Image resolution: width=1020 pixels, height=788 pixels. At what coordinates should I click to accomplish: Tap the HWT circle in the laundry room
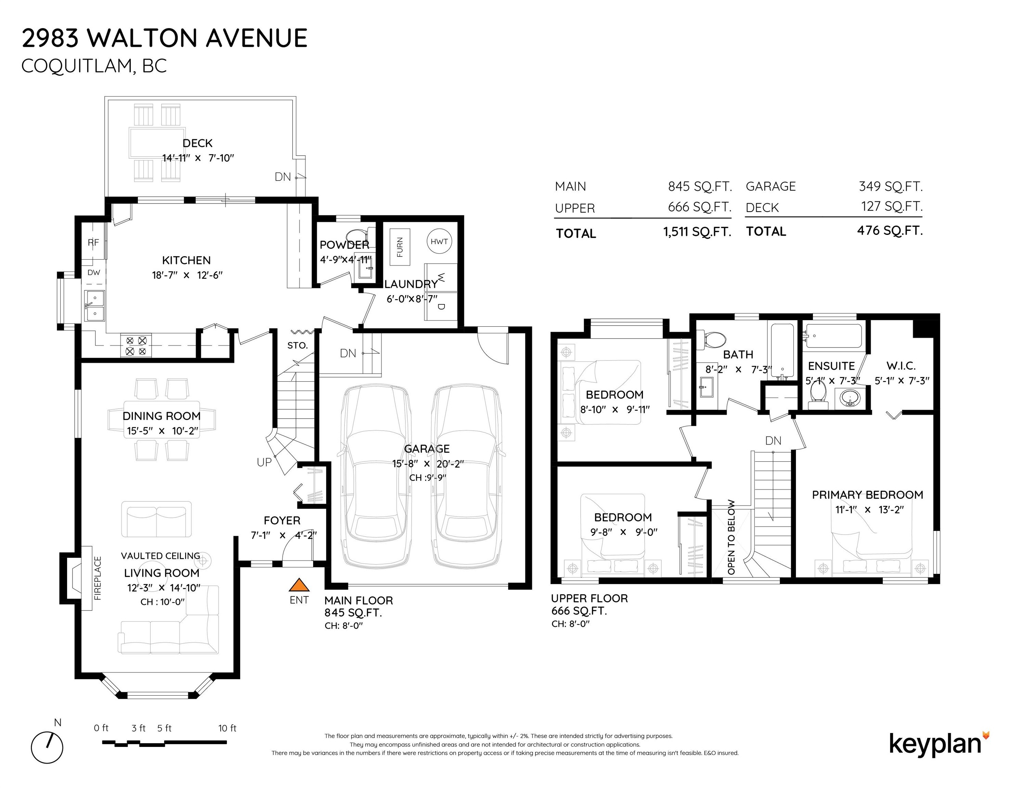tap(439, 241)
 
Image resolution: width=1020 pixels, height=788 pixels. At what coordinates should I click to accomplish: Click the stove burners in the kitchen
tap(136, 346)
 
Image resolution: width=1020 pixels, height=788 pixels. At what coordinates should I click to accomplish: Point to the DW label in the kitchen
tap(94, 273)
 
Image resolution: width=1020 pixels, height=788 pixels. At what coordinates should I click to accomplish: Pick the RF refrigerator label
tap(93, 243)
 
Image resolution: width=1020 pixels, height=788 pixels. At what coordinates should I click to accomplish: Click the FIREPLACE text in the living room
tap(98, 578)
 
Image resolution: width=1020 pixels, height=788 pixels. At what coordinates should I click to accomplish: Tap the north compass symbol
tap(47, 747)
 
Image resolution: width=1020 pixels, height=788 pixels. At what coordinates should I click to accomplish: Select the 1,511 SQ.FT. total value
tap(697, 232)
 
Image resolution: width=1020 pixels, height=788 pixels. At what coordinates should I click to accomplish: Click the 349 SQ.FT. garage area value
tap(891, 186)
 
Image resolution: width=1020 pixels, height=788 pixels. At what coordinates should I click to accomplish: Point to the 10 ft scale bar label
tap(228, 728)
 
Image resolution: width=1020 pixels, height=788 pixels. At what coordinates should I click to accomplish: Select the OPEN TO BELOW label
tap(731, 537)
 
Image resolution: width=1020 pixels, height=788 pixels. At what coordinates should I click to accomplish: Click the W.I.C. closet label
tap(901, 366)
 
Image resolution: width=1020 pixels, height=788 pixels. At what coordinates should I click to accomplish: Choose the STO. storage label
tap(297, 345)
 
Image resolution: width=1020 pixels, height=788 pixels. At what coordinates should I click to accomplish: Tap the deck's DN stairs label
tap(283, 177)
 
